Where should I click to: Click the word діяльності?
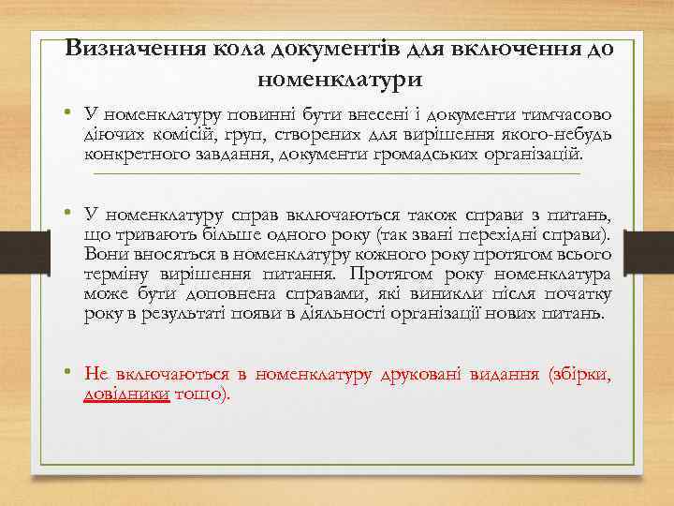click(351, 312)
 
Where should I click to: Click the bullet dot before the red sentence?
click(69, 374)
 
